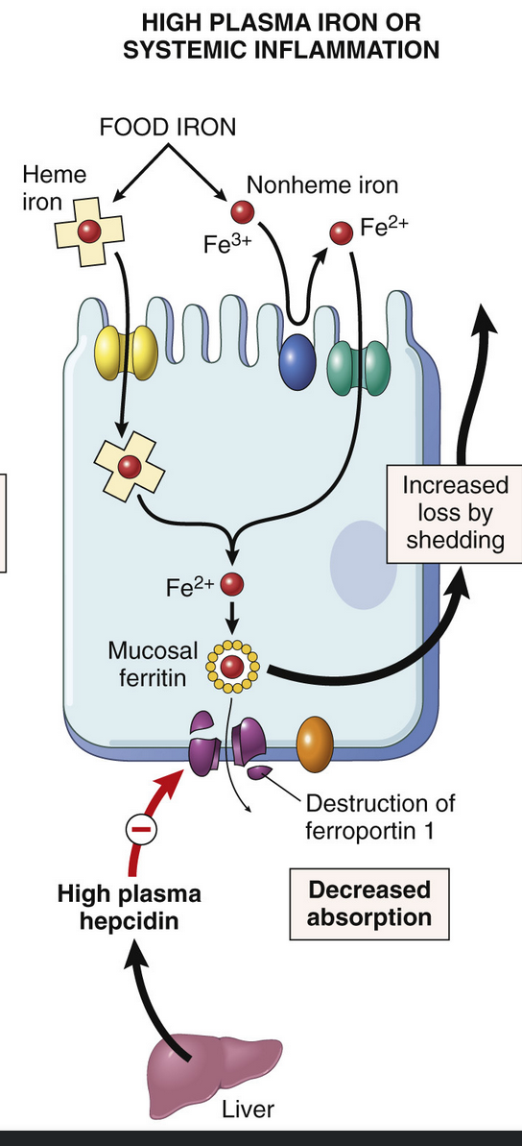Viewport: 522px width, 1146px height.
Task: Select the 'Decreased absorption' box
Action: (368, 903)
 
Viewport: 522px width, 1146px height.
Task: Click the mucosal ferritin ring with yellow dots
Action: (231, 666)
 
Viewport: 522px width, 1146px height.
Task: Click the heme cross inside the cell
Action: (130, 466)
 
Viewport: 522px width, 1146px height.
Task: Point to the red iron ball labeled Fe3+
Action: (242, 212)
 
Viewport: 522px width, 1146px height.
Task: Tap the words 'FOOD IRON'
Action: (169, 127)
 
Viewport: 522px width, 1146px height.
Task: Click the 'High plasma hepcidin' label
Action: (130, 905)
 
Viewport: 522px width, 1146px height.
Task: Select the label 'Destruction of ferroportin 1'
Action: (380, 817)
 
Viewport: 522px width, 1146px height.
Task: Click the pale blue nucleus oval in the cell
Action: (364, 564)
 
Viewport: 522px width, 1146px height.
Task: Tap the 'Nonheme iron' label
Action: (322, 184)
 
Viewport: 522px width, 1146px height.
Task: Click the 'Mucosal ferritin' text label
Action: (147, 663)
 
